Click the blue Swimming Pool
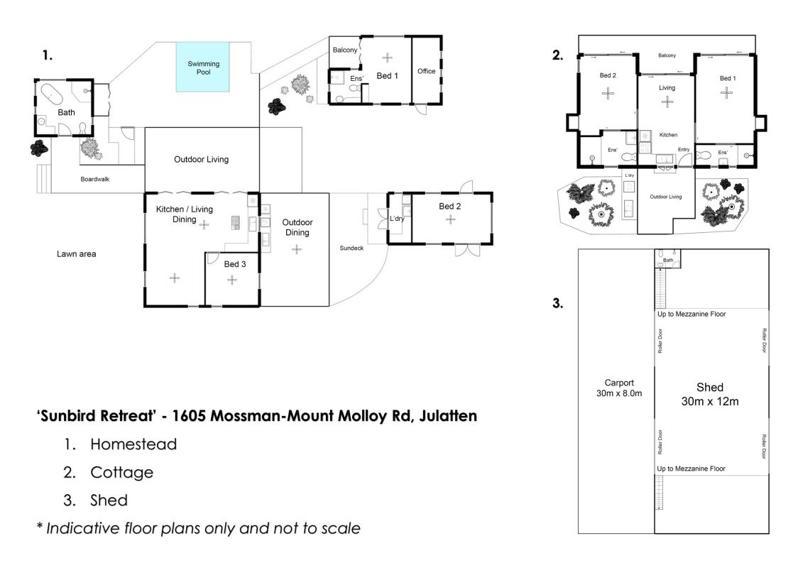point(203,67)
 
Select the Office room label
point(426,71)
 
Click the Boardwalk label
point(94,179)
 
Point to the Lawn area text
point(76,253)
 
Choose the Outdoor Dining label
point(297,227)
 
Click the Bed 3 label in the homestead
point(234,264)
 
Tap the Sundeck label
point(351,248)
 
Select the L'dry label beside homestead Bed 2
point(397,219)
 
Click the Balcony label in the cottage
point(667,55)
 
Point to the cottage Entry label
point(684,150)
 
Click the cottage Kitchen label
point(668,135)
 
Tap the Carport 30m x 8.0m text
point(618,388)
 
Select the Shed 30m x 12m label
point(710,394)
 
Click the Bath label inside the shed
point(668,260)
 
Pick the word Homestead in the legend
point(133,444)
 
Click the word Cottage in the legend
point(122,472)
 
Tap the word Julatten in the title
point(448,416)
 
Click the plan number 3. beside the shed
point(557,303)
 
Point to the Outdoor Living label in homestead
point(201,159)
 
